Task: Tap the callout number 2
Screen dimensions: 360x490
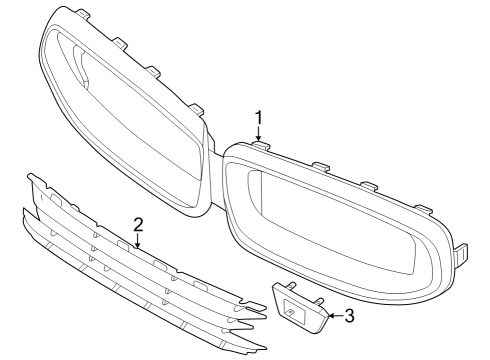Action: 138,223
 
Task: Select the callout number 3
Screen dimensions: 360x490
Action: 349,317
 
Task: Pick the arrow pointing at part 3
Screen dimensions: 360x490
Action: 332,316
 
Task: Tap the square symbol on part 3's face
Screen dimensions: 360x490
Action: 290,310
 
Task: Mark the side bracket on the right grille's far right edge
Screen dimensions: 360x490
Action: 462,253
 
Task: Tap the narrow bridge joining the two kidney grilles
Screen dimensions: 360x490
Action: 216,160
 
